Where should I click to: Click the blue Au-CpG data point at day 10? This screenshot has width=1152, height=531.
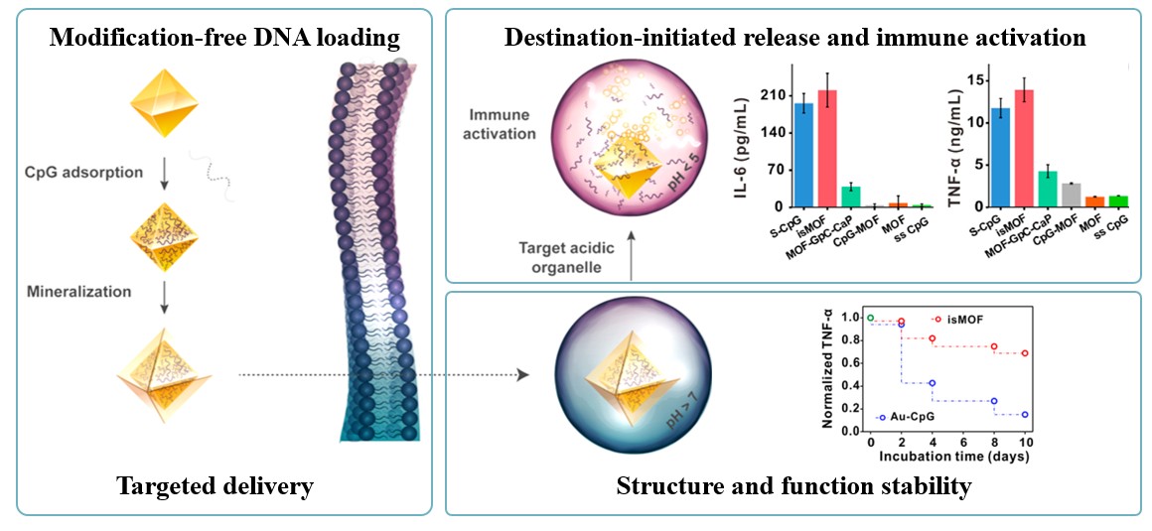pyautogui.click(x=1024, y=415)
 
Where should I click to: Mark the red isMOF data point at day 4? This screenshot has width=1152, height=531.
pyautogui.click(x=932, y=338)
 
